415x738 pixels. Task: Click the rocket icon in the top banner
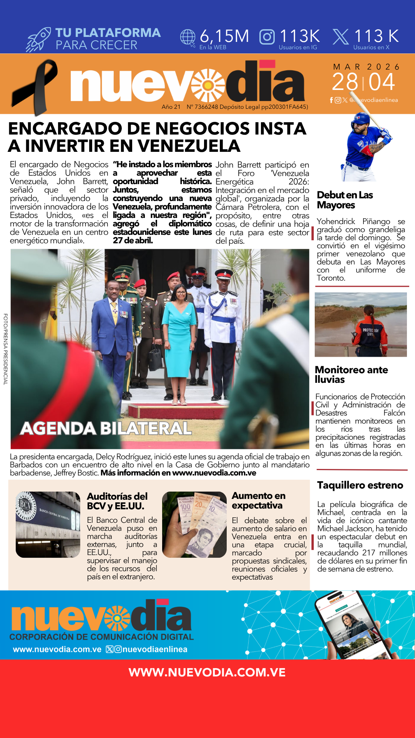pyautogui.click(x=38, y=40)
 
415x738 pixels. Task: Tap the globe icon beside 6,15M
pyautogui.click(x=188, y=38)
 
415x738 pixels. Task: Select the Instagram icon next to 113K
pyautogui.click(x=267, y=37)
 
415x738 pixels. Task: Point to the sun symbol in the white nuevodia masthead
pyautogui.click(x=208, y=85)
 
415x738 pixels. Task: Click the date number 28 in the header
pyautogui.click(x=345, y=82)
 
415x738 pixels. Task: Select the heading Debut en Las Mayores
pyautogui.click(x=345, y=200)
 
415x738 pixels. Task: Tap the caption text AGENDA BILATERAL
pyautogui.click(x=106, y=428)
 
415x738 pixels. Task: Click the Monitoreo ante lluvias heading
pyautogui.click(x=351, y=374)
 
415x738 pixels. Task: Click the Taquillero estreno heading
pyautogui.click(x=360, y=485)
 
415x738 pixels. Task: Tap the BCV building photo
pyautogui.click(x=48, y=524)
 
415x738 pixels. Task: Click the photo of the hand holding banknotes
pyautogui.click(x=194, y=524)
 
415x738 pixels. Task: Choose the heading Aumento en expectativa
pyautogui.click(x=259, y=500)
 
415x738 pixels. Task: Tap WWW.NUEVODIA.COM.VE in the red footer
pyautogui.click(x=207, y=672)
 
